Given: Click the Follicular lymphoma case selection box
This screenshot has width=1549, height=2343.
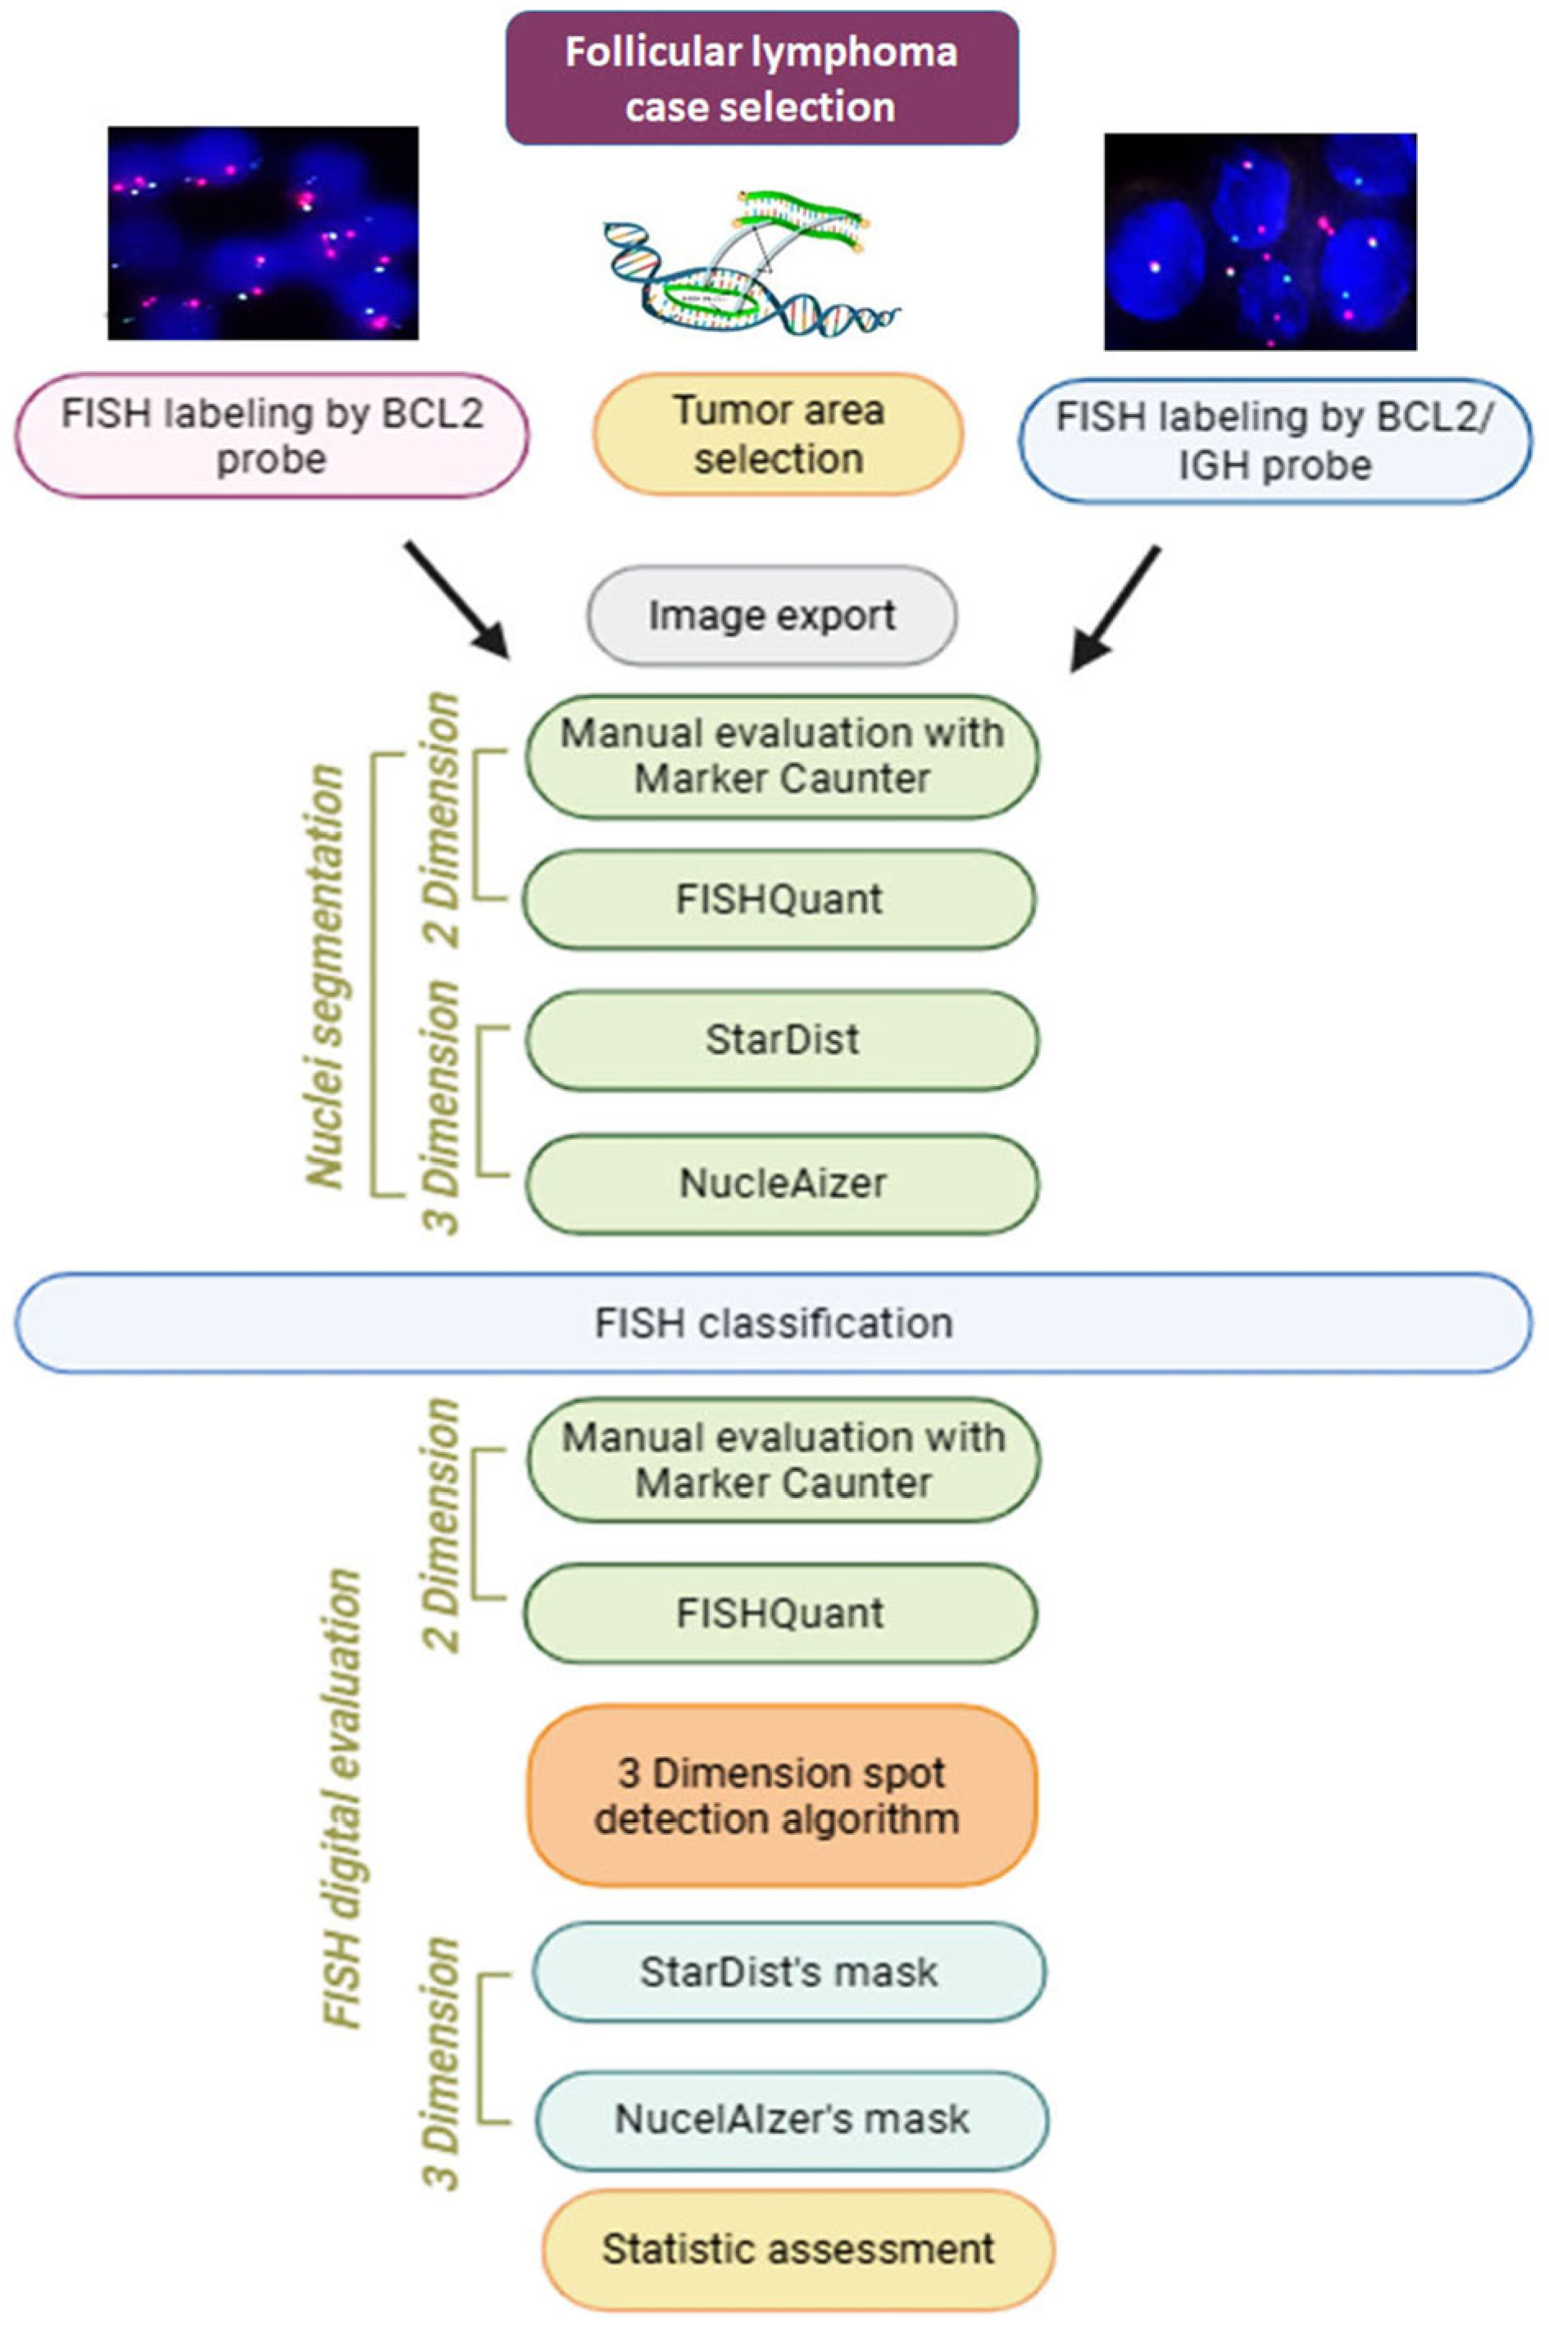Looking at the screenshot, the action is coord(761,79).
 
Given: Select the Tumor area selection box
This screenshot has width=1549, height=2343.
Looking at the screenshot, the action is coord(778,434).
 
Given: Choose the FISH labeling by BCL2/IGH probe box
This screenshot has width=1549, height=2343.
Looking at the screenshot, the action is coord(1275,441).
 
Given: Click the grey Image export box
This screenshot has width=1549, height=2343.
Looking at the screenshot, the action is coord(773,616).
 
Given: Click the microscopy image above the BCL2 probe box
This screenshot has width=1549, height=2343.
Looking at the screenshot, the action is coord(263,233).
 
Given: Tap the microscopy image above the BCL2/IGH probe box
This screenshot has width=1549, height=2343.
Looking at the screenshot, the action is coord(1260,242).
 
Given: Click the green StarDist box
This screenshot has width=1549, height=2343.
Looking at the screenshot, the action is coord(781,1041).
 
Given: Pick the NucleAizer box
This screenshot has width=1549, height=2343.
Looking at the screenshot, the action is coord(781,1183).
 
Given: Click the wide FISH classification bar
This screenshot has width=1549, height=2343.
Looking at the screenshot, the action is coord(774,1324).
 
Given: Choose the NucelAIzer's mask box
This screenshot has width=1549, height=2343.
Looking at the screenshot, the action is coord(791,2120).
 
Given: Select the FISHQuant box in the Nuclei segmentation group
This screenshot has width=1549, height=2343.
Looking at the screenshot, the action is coord(779,900).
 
